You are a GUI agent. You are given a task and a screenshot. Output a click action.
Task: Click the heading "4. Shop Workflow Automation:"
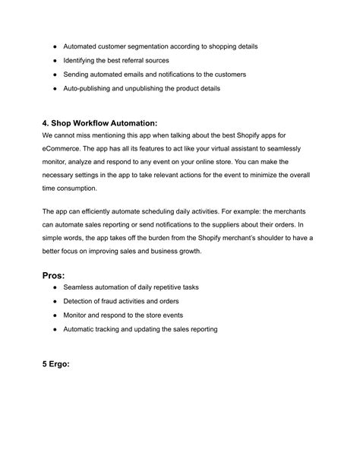pos(100,123)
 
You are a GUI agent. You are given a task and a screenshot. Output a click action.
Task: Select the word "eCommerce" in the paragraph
pos(66,149)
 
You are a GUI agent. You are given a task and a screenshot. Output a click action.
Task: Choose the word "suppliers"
pos(223,223)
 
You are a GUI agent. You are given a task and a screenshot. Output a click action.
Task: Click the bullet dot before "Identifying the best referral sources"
pos(55,60)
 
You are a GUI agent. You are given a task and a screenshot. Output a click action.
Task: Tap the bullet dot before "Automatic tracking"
pos(55,329)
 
